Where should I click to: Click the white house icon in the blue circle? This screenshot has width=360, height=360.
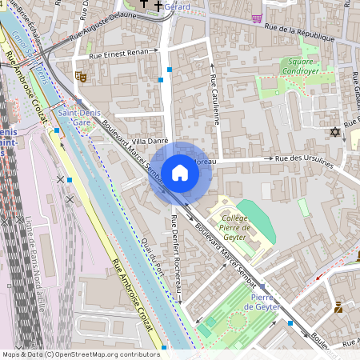pyautogui.click(x=180, y=173)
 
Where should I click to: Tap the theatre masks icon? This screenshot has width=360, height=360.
pyautogui.click(x=79, y=77)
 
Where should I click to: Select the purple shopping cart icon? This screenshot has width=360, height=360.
pyautogui.click(x=256, y=18)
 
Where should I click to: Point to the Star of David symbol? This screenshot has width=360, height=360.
pyautogui.click(x=334, y=131)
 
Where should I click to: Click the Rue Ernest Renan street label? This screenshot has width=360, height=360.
pyautogui.click(x=121, y=54)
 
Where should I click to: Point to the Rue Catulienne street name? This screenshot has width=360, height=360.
pyautogui.click(x=214, y=100)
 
